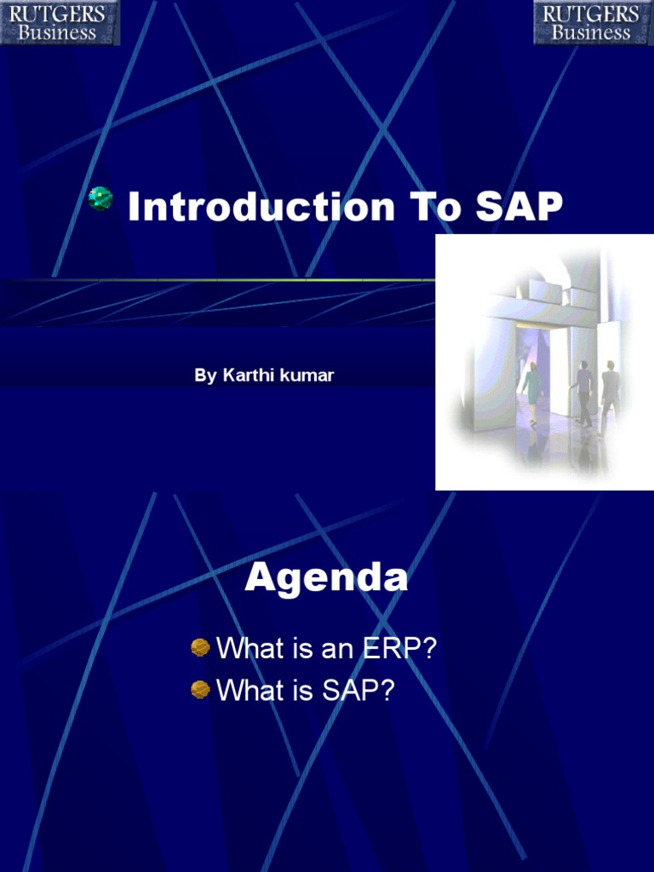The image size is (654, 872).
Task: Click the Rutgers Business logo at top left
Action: (x=60, y=22)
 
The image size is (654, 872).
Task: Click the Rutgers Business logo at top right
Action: (x=594, y=22)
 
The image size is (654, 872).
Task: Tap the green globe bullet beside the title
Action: (x=100, y=198)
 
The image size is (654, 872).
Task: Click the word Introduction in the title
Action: (x=261, y=206)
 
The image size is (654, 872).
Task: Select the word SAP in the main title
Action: (x=519, y=206)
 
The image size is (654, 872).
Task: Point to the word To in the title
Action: (x=435, y=206)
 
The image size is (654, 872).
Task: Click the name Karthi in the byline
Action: (x=248, y=375)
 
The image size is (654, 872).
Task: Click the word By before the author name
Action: (x=205, y=376)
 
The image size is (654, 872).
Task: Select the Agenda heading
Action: (x=326, y=577)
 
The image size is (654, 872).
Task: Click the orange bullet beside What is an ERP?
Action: (x=200, y=647)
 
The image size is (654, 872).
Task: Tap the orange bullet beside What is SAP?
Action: (x=200, y=690)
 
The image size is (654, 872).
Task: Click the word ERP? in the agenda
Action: (x=399, y=648)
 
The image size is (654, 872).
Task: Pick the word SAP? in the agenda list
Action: (x=359, y=690)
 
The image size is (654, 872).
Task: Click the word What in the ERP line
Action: (x=250, y=648)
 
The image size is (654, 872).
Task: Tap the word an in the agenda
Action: (x=338, y=649)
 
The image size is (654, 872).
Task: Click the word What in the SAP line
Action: (x=250, y=690)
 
